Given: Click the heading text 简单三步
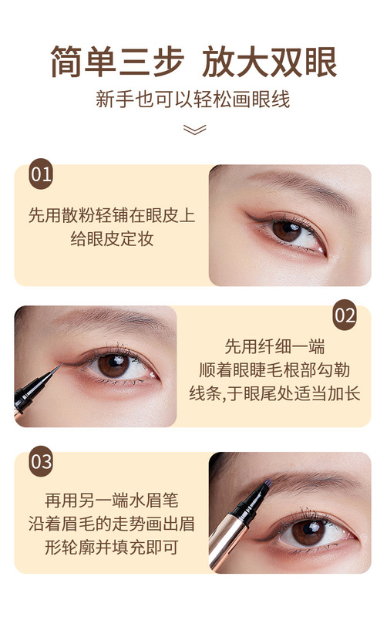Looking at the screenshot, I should click(119, 62).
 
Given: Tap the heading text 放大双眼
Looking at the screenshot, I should click(271, 62).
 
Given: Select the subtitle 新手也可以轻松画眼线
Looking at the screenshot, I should click(193, 100).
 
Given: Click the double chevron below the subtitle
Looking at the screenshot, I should click(194, 129).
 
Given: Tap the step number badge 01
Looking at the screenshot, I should click(41, 174).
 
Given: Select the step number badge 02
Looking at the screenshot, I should click(345, 316).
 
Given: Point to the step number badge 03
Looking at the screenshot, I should click(41, 463).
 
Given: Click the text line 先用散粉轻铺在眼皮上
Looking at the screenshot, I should click(112, 214).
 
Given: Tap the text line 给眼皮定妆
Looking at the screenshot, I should click(112, 239).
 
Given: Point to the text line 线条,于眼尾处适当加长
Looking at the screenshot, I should click(274, 394).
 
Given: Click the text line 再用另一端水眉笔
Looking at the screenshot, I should click(112, 500).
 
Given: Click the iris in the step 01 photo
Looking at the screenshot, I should click(287, 230).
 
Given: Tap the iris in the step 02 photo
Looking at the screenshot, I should click(113, 366).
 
